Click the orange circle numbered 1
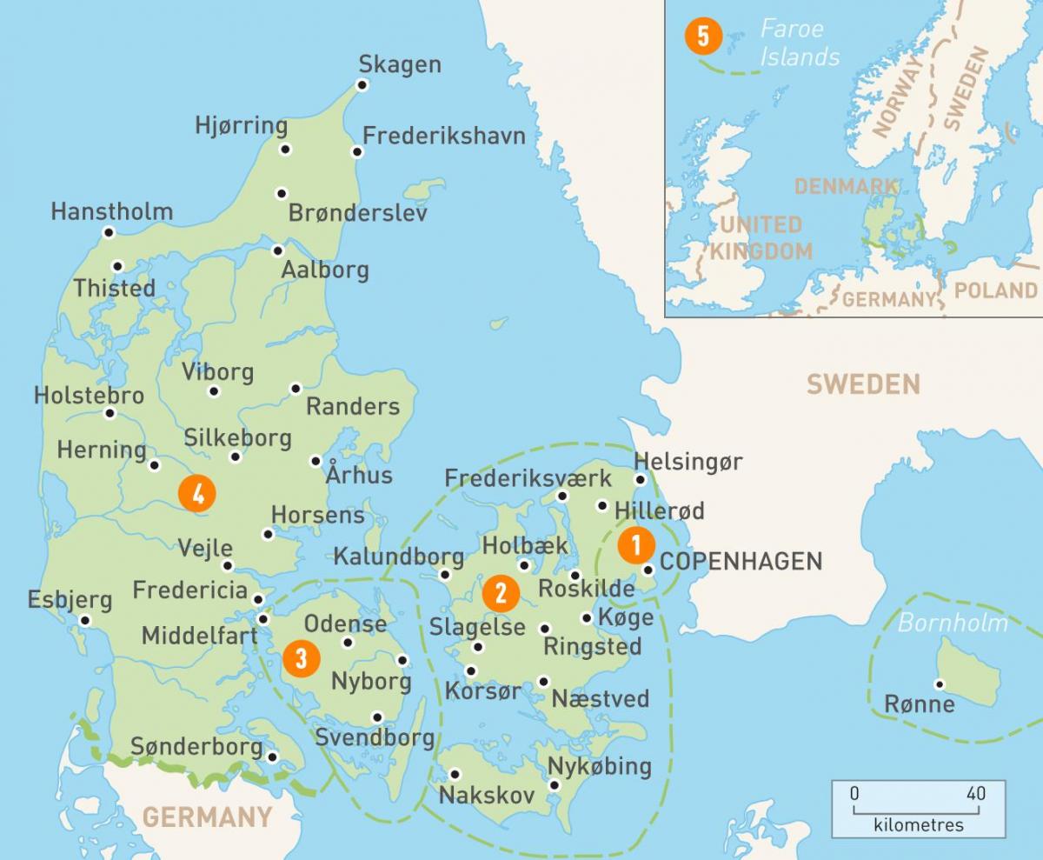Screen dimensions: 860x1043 point(636,545)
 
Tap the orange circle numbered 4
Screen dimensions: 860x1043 point(198,494)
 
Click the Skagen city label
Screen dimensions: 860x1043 point(400,64)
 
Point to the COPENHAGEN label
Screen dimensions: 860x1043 point(741,561)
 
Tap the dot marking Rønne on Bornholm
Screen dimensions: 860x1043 point(939,683)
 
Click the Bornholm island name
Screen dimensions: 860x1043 point(953,623)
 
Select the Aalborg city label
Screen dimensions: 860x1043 point(325,270)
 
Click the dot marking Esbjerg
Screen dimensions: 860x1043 point(85,620)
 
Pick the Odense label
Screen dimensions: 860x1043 point(345,623)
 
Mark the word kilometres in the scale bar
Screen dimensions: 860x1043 point(918,824)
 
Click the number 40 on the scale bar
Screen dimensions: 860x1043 point(975,793)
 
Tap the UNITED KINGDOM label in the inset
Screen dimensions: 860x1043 point(761,238)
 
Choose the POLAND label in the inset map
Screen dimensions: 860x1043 point(996,290)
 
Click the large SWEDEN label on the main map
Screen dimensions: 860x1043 point(862,383)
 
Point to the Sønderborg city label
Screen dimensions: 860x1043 point(196,746)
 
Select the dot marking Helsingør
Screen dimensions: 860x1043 point(641,479)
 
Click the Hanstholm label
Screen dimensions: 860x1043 point(112,211)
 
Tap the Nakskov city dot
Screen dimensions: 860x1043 point(454,774)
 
